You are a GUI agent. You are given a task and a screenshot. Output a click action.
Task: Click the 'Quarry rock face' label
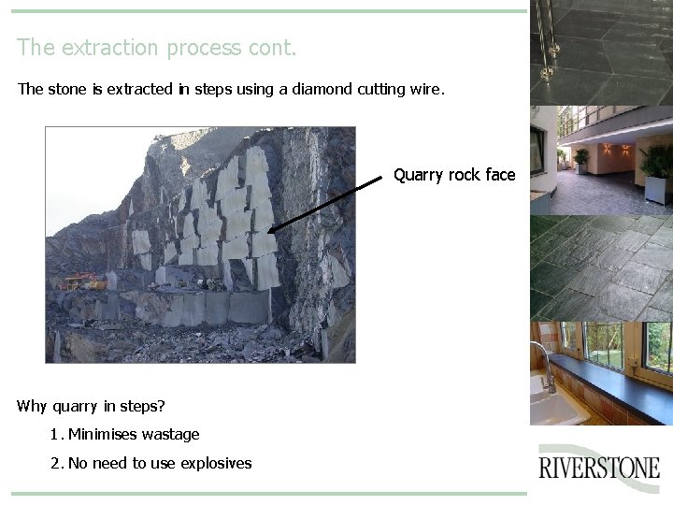(454, 175)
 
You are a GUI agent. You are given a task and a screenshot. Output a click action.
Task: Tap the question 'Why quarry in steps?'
(91, 406)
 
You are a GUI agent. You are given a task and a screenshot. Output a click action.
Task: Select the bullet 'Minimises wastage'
(134, 434)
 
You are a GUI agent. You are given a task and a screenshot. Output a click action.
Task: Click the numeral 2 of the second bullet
(55, 463)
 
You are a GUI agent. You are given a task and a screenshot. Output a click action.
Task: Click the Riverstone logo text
(599, 467)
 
